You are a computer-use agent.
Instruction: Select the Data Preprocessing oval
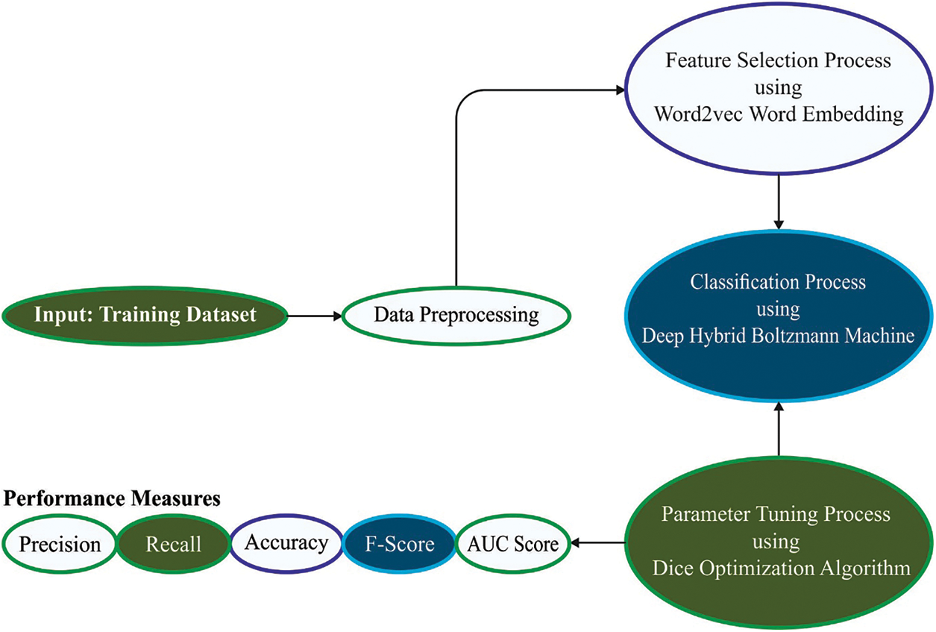click(456, 315)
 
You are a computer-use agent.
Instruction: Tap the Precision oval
click(60, 544)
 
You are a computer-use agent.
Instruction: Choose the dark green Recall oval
click(173, 544)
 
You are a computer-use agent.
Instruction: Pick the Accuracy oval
click(286, 542)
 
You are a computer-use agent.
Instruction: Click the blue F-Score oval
click(400, 544)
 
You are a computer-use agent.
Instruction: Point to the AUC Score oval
click(512, 544)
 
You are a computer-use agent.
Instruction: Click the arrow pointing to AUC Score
click(597, 543)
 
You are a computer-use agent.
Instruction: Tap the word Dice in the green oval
click(670, 568)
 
